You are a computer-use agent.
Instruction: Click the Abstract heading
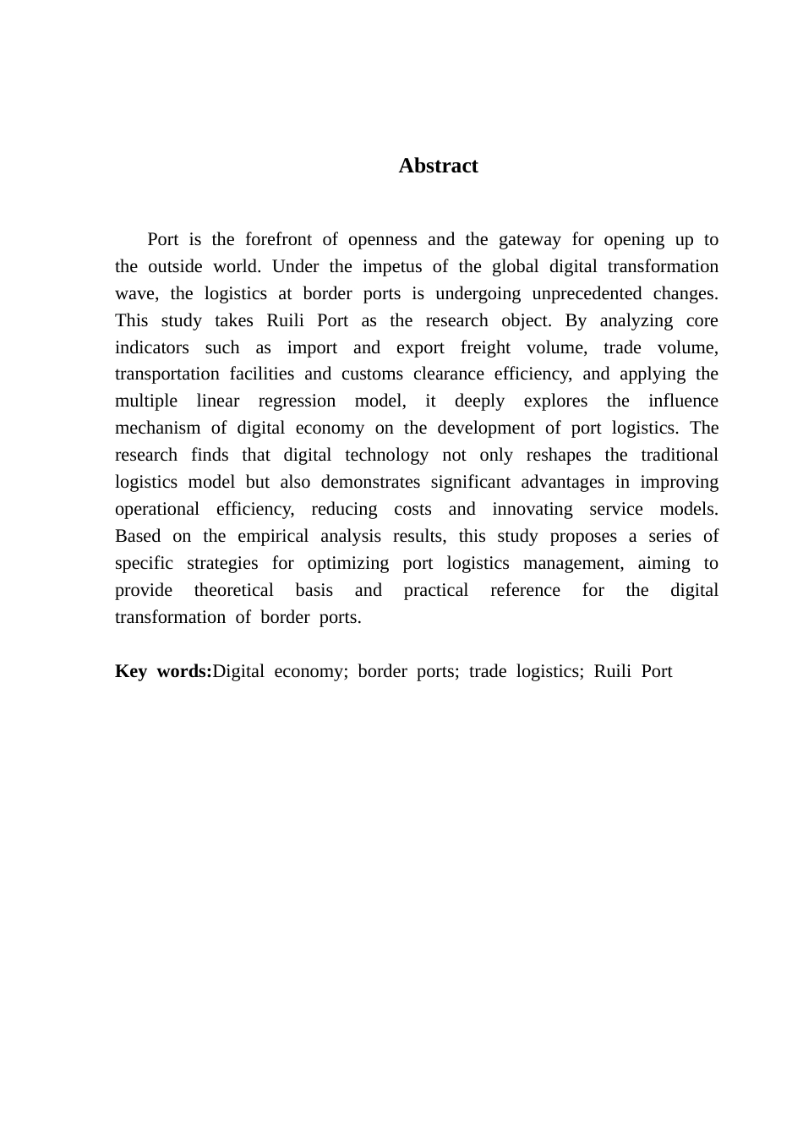pos(438,166)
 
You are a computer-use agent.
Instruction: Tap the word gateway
pos(529,239)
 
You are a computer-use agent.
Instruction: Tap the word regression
pos(297,401)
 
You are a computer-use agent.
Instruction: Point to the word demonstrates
pos(370,482)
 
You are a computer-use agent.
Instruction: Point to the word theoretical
pos(234,590)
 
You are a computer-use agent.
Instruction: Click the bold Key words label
pos(163,671)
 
